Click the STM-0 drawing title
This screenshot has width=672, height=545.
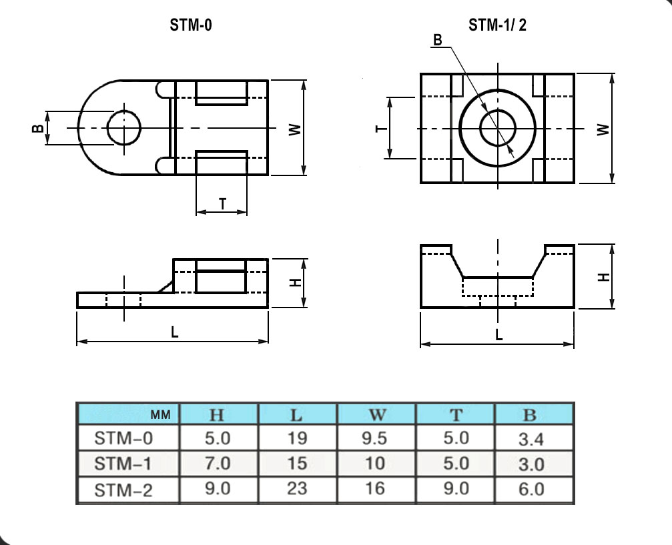(191, 25)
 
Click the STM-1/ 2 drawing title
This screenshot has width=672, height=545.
(497, 25)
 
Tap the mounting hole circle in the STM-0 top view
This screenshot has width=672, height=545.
(124, 111)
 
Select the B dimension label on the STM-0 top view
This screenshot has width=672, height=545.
(38, 128)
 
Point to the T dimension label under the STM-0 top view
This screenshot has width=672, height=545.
(222, 203)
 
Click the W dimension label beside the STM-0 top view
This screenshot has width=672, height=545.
(295, 129)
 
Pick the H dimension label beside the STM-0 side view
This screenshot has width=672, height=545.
(296, 283)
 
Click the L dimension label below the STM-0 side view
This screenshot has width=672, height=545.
(174, 332)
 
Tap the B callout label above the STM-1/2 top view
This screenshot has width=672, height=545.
(437, 40)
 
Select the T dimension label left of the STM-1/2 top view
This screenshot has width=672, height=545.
(381, 129)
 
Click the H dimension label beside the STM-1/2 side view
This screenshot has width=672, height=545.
(604, 278)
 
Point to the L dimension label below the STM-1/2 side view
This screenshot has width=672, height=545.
(499, 335)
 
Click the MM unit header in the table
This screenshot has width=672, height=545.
(161, 415)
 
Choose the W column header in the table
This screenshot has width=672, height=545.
(377, 415)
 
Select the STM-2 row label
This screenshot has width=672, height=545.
(123, 490)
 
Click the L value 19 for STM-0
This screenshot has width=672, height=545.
(297, 438)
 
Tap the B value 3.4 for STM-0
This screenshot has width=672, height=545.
(531, 439)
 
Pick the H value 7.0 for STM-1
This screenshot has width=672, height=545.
(218, 463)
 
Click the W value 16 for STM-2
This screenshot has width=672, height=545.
(375, 488)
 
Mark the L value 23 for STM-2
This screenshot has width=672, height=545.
(297, 488)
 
